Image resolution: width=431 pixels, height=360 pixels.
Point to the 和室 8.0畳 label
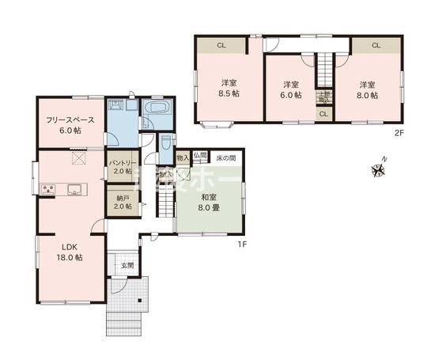click(x=210, y=203)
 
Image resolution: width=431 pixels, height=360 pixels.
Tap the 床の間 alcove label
click(x=226, y=158)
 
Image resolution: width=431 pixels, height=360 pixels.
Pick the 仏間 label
click(x=199, y=157)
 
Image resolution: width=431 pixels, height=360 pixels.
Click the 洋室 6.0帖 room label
click(x=291, y=89)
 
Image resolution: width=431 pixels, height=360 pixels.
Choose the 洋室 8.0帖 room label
click(x=368, y=89)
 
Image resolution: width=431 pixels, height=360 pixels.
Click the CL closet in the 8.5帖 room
click(x=221, y=45)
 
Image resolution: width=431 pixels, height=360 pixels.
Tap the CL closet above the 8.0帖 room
click(x=376, y=45)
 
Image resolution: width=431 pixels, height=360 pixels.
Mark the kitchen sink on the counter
click(x=75, y=188)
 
